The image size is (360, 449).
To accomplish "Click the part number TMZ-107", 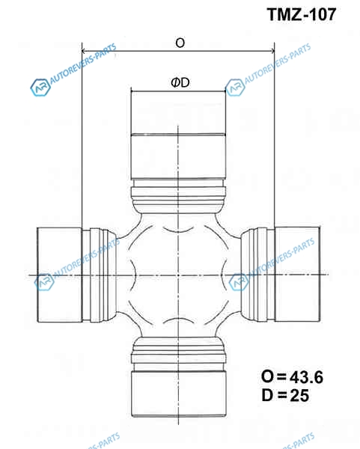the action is pyautogui.click(x=302, y=14).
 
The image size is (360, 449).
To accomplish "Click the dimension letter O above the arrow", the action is pyautogui.click(x=180, y=43).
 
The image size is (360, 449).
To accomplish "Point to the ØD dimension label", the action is pyautogui.click(x=180, y=83).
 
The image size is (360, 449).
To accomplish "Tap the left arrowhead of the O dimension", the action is pyautogui.click(x=84, y=51).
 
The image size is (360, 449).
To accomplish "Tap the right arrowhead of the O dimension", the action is pyautogui.click(x=272, y=51).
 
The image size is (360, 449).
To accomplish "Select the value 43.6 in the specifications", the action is pyautogui.click(x=306, y=377).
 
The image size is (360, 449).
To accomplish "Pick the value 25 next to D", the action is pyautogui.click(x=299, y=395).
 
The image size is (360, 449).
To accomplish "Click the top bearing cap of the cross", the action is pyautogui.click(x=178, y=135).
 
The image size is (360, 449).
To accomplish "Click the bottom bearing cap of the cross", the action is pyautogui.click(x=179, y=394).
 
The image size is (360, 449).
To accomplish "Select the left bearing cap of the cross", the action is pyautogui.click(x=60, y=275).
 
